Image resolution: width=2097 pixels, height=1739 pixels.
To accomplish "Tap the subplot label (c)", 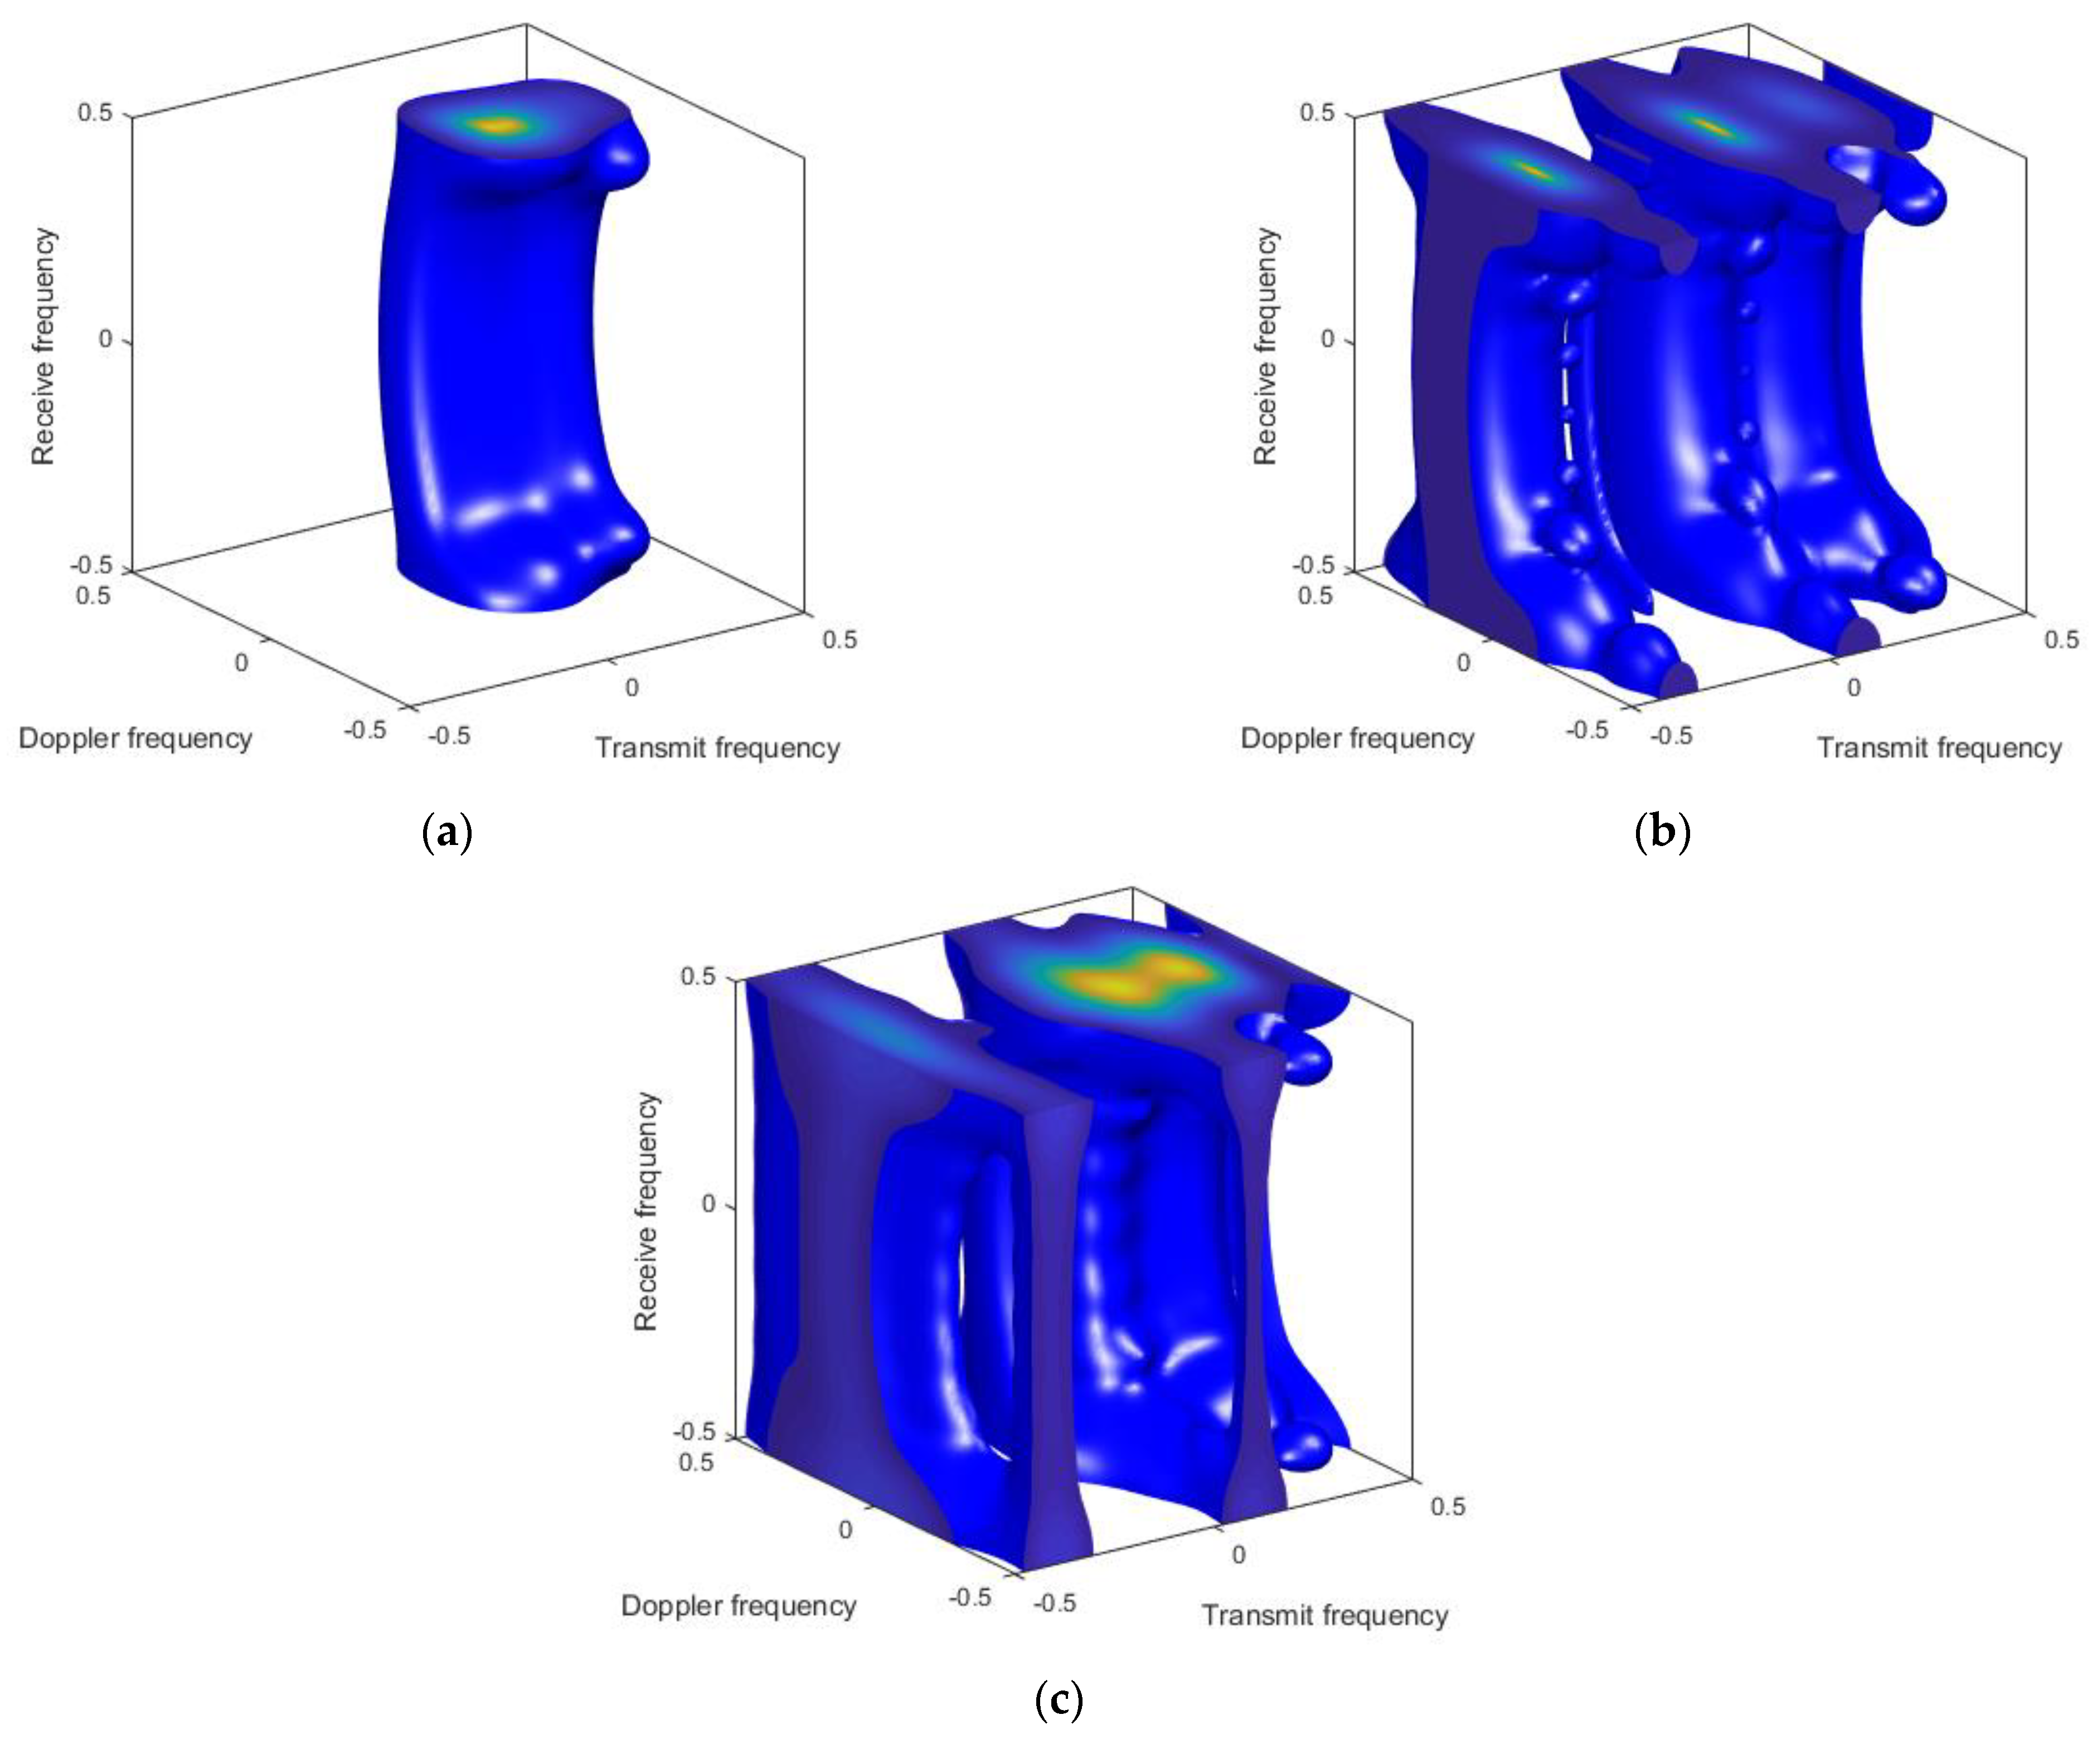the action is point(1059,1698).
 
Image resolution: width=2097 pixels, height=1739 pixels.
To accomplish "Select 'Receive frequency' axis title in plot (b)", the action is point(1265,346).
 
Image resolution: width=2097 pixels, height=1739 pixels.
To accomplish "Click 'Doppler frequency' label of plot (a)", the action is point(136,738).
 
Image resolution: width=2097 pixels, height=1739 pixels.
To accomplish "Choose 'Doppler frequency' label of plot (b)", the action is point(1357,738).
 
